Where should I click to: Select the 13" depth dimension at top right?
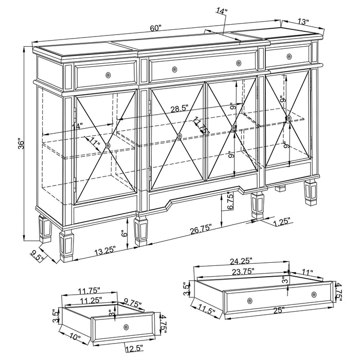tap(303, 22)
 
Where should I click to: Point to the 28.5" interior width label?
tap(179, 108)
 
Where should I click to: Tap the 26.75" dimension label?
tap(200, 229)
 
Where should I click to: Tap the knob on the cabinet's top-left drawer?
tap(107, 76)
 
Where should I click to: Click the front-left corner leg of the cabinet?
tap(67, 244)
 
